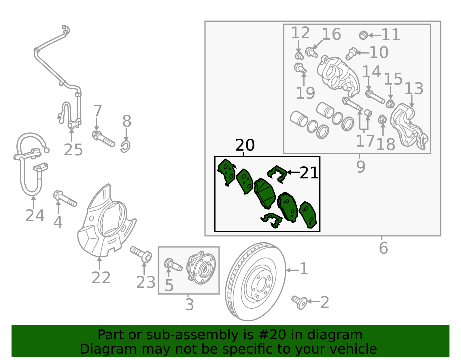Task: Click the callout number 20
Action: click(x=245, y=145)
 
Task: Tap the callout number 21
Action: click(x=309, y=173)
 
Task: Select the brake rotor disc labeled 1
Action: click(x=256, y=282)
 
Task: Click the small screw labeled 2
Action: click(x=299, y=302)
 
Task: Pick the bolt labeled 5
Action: click(x=173, y=265)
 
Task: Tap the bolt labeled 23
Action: click(x=141, y=254)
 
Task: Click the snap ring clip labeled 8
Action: click(x=126, y=146)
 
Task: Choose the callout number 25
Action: click(x=73, y=150)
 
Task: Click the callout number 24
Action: click(x=35, y=216)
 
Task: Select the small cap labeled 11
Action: click(x=363, y=35)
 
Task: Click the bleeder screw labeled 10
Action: click(x=351, y=54)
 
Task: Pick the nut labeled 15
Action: click(x=390, y=104)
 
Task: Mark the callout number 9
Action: click(x=360, y=167)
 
